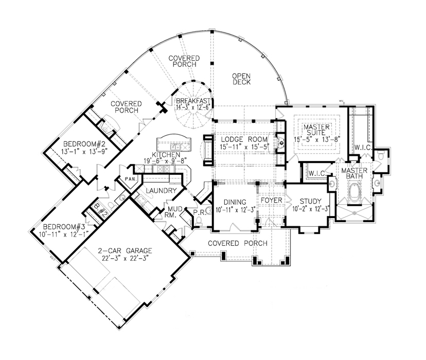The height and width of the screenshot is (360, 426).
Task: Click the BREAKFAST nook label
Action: pyautogui.click(x=194, y=101)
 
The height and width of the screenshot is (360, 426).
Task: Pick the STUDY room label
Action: pyautogui.click(x=311, y=201)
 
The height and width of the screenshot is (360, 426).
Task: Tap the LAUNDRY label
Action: pyautogui.click(x=161, y=191)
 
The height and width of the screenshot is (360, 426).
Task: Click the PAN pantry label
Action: pyautogui.click(x=127, y=179)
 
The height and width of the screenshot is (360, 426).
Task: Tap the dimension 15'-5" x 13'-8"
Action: pyautogui.click(x=316, y=139)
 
